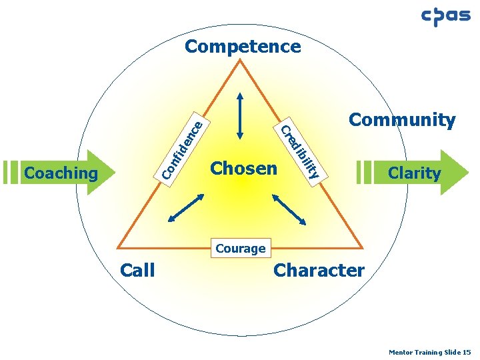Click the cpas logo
pyautogui.click(x=446, y=17)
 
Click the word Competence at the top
pyautogui.click(x=243, y=47)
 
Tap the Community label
pyautogui.click(x=402, y=120)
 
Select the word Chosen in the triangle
pyautogui.click(x=243, y=168)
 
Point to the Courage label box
pyautogui.click(x=241, y=249)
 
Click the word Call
pyautogui.click(x=137, y=270)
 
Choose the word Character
pyautogui.click(x=319, y=270)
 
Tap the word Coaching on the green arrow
pyautogui.click(x=61, y=173)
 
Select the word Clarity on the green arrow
pyautogui.click(x=414, y=173)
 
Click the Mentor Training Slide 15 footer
pyautogui.click(x=430, y=351)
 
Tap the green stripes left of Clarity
pyautogui.click(x=363, y=171)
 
